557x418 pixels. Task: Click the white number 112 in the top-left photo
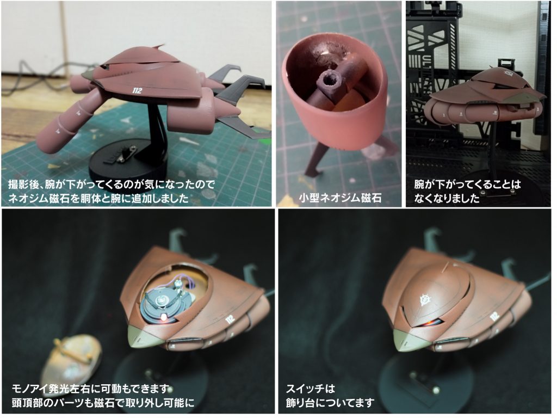pyautogui.click(x=137, y=91)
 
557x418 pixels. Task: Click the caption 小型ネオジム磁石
pyautogui.click(x=340, y=198)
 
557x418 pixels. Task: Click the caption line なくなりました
pyautogui.click(x=447, y=198)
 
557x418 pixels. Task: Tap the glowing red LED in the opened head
pyautogui.click(x=164, y=316)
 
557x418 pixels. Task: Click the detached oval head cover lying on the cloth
pyautogui.click(x=72, y=360)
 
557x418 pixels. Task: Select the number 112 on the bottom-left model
pyautogui.click(x=230, y=318)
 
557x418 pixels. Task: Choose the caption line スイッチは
pyautogui.click(x=311, y=389)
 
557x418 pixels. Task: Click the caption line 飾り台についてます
pyautogui.click(x=330, y=403)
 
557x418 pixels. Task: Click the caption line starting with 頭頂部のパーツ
pyautogui.click(x=103, y=403)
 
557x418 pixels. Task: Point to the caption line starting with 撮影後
pyautogui.click(x=112, y=185)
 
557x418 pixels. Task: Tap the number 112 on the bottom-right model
pyautogui.click(x=495, y=316)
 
